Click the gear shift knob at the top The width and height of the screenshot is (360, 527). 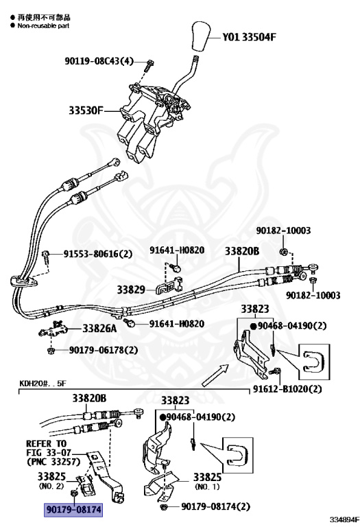pyautogui.click(x=200, y=37)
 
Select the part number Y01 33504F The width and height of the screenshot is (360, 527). pyautogui.click(x=249, y=37)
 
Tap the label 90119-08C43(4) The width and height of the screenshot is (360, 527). pyautogui.click(x=99, y=61)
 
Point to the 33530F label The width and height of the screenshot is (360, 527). pyautogui.click(x=86, y=110)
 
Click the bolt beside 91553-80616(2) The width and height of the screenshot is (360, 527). pyautogui.click(x=46, y=256)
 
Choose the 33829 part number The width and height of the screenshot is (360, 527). pyautogui.click(x=131, y=290)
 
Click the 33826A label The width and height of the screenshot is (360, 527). pyautogui.click(x=99, y=328)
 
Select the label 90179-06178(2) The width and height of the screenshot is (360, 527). pyautogui.click(x=104, y=350)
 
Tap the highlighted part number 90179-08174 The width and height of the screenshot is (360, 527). pyautogui.click(x=73, y=510)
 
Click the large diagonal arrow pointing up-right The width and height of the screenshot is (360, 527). pyautogui.click(x=215, y=375)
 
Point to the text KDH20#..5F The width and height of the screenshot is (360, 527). pyautogui.click(x=43, y=383)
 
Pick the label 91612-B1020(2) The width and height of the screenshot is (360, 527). pyautogui.click(x=287, y=389)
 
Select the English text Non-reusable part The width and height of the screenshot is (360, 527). pyautogui.click(x=43, y=25)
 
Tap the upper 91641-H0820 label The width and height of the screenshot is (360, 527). pyautogui.click(x=177, y=250)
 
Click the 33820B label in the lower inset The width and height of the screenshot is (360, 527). pyautogui.click(x=89, y=398)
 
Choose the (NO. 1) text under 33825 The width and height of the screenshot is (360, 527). pyautogui.click(x=207, y=487)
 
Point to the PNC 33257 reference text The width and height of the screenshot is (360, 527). pyautogui.click(x=53, y=462)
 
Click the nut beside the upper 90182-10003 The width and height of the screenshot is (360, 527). pyautogui.click(x=283, y=251)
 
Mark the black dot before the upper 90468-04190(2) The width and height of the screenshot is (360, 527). pyautogui.click(x=254, y=326)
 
